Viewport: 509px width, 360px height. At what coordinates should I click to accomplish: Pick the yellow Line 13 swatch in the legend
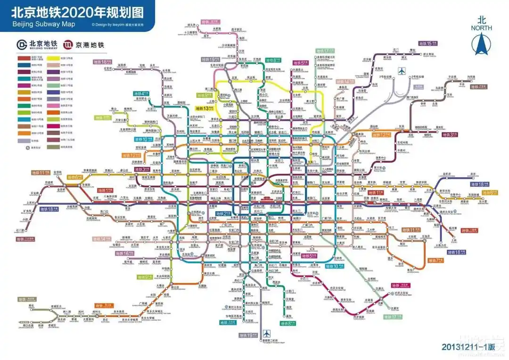point(53,57)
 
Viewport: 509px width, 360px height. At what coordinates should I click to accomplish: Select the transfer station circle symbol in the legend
point(27,147)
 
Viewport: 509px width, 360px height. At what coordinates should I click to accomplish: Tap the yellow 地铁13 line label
point(205,108)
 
